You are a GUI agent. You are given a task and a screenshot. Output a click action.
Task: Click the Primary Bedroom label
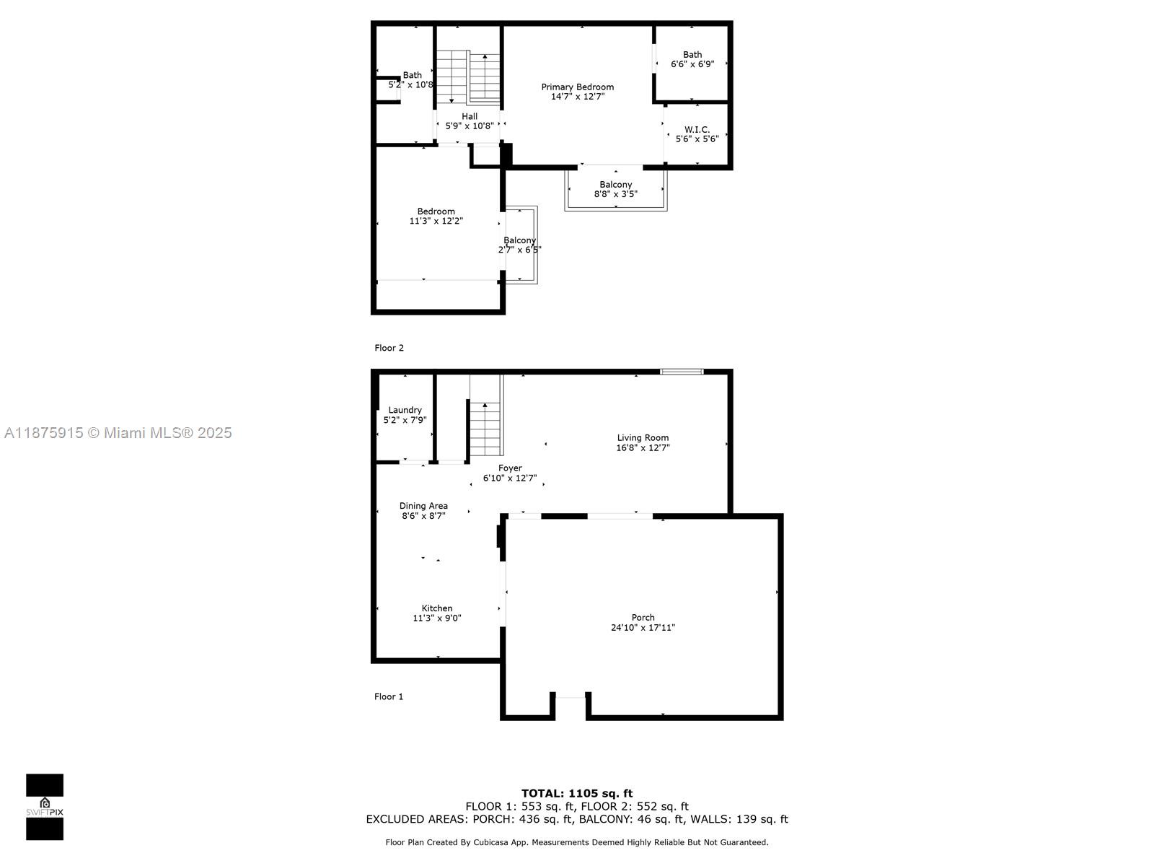point(577,87)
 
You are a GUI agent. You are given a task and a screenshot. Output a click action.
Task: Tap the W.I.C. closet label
point(697,129)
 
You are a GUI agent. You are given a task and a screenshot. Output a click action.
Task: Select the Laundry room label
point(405,410)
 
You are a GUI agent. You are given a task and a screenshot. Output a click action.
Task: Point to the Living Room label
point(643,437)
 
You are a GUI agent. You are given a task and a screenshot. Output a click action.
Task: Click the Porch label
point(643,617)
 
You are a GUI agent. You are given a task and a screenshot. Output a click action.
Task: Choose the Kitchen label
point(437,608)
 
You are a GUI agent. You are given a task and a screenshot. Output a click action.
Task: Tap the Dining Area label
point(423,506)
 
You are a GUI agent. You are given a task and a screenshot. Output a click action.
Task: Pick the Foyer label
point(510,468)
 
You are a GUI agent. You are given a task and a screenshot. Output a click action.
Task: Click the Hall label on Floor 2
point(470,116)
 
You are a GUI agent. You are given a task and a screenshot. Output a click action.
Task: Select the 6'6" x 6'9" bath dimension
point(692,64)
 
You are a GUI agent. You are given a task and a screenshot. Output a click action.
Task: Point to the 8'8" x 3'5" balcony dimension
point(616,194)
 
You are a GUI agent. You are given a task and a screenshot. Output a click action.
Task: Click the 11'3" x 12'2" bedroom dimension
point(436,221)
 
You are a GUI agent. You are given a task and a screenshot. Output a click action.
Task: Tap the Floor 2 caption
point(389,348)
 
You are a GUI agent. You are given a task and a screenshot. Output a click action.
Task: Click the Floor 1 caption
point(389,696)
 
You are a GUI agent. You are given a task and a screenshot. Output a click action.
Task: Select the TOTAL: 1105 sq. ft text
point(577,793)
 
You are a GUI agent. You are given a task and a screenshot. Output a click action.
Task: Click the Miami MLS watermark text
point(118,433)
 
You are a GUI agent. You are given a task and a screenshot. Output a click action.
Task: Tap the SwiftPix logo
point(45,807)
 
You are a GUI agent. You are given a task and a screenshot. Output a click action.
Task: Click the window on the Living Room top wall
point(682,372)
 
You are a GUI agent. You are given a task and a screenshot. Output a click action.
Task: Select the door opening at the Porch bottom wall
point(571,697)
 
